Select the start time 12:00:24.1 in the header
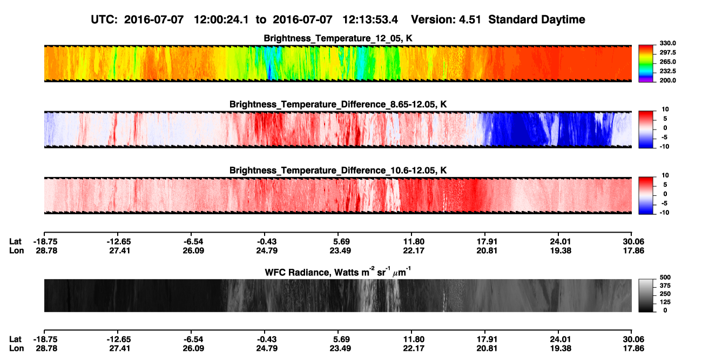(221, 19)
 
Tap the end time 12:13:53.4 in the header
(370, 19)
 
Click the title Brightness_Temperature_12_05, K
(338, 38)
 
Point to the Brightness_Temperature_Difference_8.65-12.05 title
(338, 104)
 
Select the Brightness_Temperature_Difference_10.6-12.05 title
(338, 170)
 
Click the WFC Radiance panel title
(338, 272)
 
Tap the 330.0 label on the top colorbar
(667, 43)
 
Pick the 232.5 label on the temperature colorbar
(667, 71)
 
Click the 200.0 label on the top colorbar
(667, 80)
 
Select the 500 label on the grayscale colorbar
(665, 277)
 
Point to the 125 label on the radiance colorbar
(665, 302)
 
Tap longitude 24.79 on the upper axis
(267, 250)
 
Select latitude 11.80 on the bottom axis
(414, 339)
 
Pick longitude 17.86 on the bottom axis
(633, 349)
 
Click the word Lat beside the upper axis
(15, 242)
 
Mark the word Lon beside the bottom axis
(16, 349)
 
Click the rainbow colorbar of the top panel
(646, 64)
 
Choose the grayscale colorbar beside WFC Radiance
(646, 295)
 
